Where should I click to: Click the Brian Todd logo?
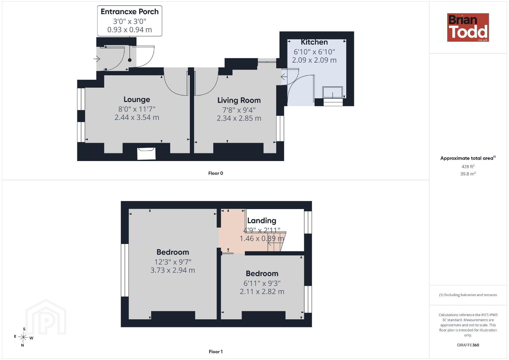[468, 27]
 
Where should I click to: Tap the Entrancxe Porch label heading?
[129, 12]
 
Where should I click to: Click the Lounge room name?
[137, 99]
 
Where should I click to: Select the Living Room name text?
[239, 100]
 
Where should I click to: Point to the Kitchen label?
[314, 42]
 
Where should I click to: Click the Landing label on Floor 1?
[262, 221]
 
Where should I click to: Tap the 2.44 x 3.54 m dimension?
[137, 117]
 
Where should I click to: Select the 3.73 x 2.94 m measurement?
[173, 270]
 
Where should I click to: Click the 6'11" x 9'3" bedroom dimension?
[262, 283]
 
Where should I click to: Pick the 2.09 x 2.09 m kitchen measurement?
[314, 60]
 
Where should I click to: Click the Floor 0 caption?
[216, 173]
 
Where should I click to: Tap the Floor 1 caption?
[216, 352]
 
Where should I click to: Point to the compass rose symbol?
[23, 337]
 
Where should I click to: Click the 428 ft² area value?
[468, 166]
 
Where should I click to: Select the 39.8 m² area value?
[468, 174]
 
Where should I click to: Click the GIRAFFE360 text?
[468, 345]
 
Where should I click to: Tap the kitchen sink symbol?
[333, 92]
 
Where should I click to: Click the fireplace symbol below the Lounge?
[146, 153]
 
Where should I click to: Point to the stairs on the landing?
[276, 241]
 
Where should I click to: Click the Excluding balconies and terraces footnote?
[468, 295]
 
